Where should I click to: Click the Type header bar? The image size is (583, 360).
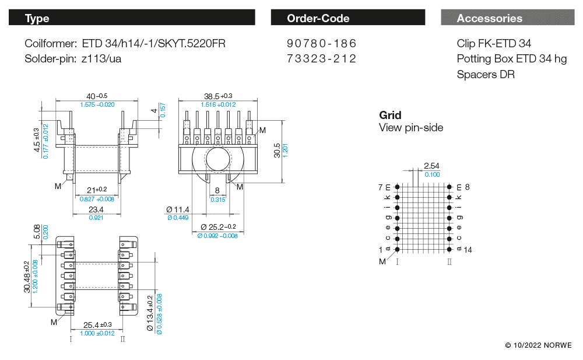(132, 18)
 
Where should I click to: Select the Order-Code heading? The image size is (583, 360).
(318, 18)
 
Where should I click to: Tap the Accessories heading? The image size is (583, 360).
(490, 18)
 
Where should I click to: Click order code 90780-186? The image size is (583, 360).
(321, 44)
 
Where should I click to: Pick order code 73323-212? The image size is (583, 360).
(321, 58)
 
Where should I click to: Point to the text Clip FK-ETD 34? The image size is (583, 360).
(494, 44)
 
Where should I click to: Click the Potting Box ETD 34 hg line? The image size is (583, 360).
(511, 59)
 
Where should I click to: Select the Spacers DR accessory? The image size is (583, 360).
(486, 74)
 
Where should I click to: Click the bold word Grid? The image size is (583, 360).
(390, 115)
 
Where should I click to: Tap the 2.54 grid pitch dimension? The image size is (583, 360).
(431, 166)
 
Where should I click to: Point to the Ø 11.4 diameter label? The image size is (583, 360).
(178, 209)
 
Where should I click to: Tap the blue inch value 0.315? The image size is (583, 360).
(217, 200)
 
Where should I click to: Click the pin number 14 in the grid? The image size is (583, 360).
(468, 250)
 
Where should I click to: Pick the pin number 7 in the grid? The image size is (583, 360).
(381, 187)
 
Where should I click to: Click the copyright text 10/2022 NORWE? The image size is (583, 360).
(538, 345)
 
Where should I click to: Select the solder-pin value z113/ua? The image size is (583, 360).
(101, 58)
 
